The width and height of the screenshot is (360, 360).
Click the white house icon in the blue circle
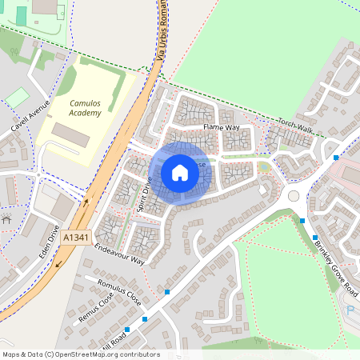tap(180, 173)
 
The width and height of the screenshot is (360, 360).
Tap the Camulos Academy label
tap(85, 109)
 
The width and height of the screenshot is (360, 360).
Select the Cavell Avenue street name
tap(30, 116)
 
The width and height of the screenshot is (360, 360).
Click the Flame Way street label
tap(221, 127)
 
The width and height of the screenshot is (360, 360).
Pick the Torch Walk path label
tap(295, 125)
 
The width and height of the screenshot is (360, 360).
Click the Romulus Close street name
tap(118, 291)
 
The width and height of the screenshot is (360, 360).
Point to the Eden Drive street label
tap(53, 238)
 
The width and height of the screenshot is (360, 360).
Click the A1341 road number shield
tap(76, 238)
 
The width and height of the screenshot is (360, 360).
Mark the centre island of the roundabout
tap(294, 196)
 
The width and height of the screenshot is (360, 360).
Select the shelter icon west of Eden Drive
tap(6, 218)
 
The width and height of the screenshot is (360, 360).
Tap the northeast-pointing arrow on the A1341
tap(86, 205)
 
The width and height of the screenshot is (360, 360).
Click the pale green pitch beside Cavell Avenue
tap(15, 99)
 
